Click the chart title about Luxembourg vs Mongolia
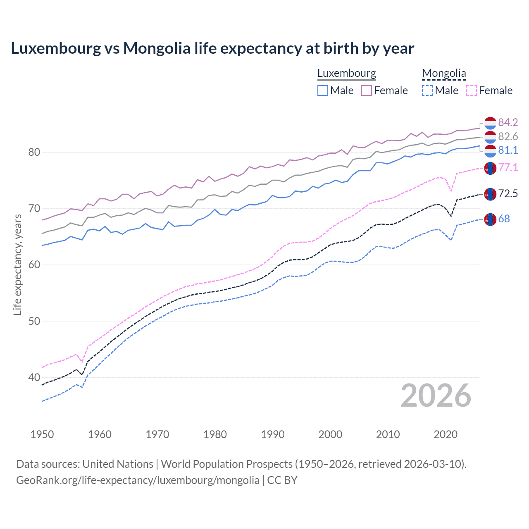(x=212, y=48)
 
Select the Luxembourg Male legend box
(x=323, y=91)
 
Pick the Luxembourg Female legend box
(x=367, y=91)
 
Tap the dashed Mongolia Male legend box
(x=427, y=91)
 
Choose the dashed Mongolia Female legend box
(x=472, y=91)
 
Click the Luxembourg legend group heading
(x=347, y=74)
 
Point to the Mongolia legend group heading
(x=444, y=74)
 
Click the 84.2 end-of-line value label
(x=508, y=122)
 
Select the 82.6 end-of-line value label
(x=508, y=136)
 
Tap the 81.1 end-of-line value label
(x=508, y=150)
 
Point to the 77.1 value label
(x=508, y=167)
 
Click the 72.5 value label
(x=508, y=193)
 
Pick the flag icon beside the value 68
(x=490, y=219)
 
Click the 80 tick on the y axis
(x=34, y=152)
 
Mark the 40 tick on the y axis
(x=34, y=377)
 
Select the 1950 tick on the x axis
(x=42, y=434)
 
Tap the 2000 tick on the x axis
(x=330, y=434)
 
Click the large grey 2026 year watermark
(x=436, y=396)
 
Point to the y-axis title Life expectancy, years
(x=17, y=264)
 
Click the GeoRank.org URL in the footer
(x=138, y=480)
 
